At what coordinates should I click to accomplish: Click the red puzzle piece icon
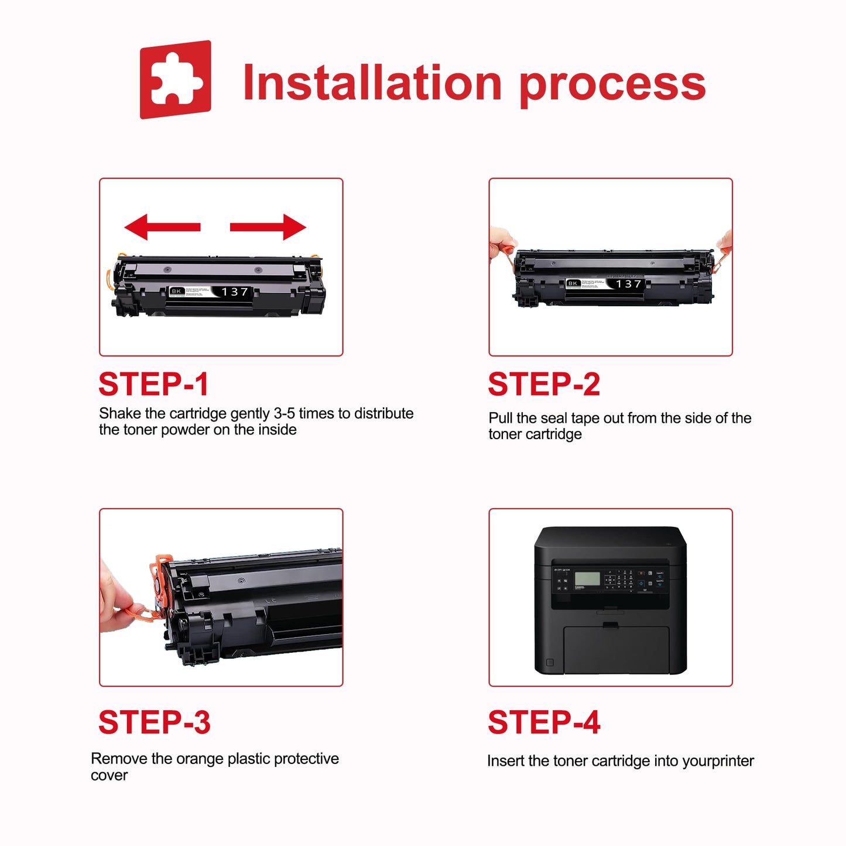(x=175, y=80)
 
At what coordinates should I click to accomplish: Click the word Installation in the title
(x=372, y=83)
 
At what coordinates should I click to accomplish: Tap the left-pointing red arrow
(x=162, y=227)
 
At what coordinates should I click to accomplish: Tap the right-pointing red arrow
(x=269, y=227)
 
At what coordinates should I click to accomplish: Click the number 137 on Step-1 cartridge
(x=235, y=292)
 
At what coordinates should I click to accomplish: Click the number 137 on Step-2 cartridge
(x=629, y=284)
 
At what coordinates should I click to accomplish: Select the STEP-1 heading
(x=153, y=385)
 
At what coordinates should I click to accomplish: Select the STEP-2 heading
(x=544, y=385)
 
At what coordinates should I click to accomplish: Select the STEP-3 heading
(x=154, y=722)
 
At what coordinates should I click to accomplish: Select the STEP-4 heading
(x=544, y=722)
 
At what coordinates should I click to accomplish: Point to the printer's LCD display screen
(x=587, y=579)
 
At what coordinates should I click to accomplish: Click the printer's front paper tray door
(x=616, y=650)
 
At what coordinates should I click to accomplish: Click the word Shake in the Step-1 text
(x=120, y=413)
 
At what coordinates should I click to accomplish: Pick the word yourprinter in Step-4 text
(x=718, y=761)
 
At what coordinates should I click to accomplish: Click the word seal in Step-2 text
(x=553, y=418)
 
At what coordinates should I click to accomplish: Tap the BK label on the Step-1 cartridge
(x=176, y=291)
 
